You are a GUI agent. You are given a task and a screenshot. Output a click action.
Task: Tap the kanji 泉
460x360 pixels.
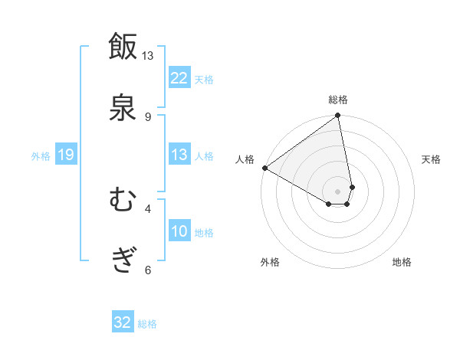coord(123,106)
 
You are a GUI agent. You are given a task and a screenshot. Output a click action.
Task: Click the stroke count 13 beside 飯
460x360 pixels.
coord(147,56)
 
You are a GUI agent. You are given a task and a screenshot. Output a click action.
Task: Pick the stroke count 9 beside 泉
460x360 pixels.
coord(147,116)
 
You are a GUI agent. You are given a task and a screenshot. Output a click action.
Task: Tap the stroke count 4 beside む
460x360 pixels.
coord(147,208)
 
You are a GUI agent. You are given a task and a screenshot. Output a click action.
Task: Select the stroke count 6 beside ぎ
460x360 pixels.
coord(147,270)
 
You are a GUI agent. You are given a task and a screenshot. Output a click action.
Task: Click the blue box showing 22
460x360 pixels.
coord(179,78)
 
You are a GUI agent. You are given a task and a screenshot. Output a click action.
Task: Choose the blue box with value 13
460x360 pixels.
coord(179,155)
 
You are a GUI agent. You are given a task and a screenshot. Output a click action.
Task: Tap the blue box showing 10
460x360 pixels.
coord(179,231)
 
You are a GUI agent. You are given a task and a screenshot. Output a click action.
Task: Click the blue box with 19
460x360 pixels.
coord(65,155)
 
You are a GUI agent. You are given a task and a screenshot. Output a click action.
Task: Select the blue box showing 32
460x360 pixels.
coord(123,322)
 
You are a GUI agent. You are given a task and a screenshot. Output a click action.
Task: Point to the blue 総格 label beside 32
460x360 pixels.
coord(147,324)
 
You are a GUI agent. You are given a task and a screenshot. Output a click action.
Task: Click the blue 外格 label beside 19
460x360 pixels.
coord(41,156)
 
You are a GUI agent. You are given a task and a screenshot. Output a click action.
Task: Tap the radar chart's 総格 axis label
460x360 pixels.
coord(338,100)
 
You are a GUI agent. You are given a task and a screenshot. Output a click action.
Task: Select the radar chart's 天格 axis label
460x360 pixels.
coord(432,159)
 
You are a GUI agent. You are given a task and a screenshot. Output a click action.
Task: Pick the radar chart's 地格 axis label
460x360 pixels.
coord(402,262)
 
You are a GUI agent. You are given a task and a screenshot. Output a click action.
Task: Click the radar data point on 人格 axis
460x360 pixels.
coord(264,168)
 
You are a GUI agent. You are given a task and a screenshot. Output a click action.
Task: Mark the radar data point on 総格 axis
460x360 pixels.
coord(338,116)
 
